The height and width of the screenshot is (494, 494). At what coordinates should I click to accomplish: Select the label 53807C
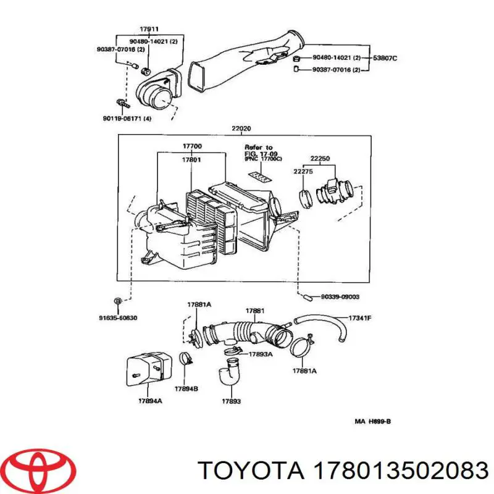click(384, 59)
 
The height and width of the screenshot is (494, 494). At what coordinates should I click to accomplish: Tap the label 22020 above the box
click(241, 129)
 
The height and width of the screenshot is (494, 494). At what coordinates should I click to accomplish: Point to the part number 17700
click(191, 146)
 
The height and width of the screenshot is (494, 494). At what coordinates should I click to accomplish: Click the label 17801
click(191, 159)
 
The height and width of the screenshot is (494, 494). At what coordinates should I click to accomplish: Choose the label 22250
click(319, 159)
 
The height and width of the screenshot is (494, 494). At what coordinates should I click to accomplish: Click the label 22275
click(303, 172)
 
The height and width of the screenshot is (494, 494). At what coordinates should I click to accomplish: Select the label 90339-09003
click(340, 296)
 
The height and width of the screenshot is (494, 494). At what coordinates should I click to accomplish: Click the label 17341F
click(360, 318)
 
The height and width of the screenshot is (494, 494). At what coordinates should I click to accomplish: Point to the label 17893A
click(261, 354)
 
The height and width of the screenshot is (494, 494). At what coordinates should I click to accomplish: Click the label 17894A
click(151, 401)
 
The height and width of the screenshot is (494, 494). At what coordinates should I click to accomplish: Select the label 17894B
click(186, 389)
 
